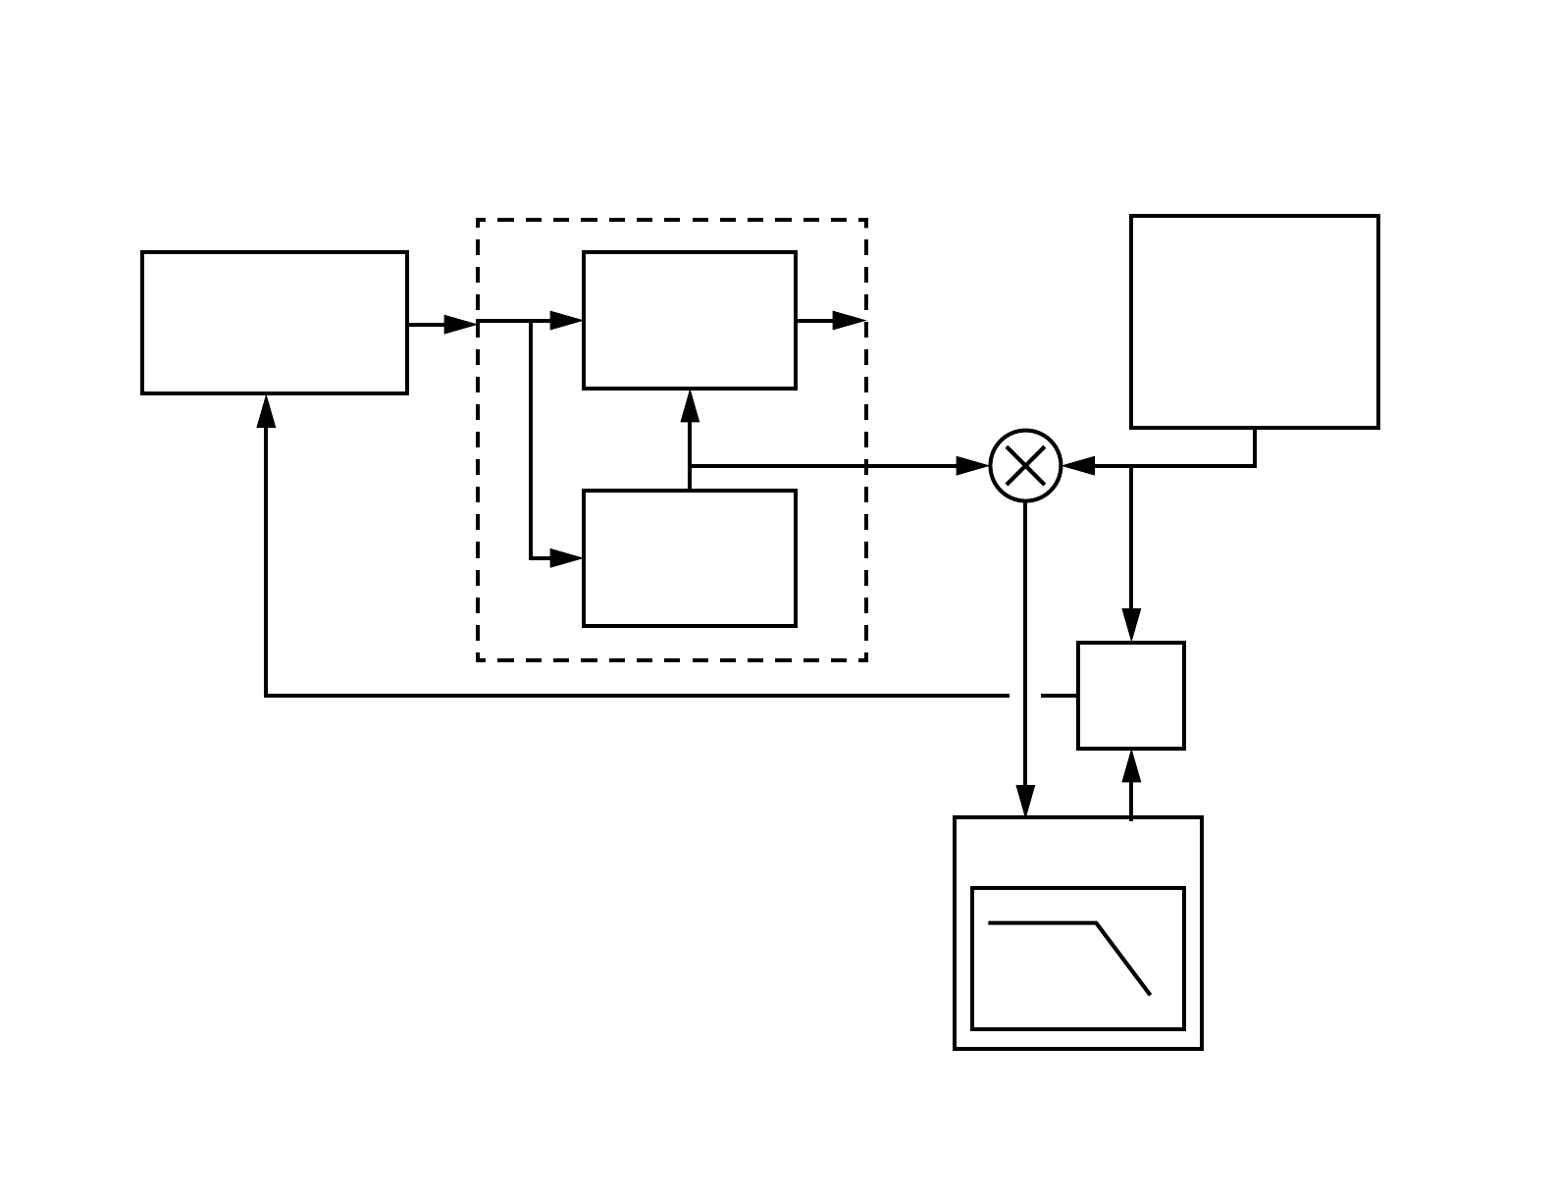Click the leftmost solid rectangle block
(x=275, y=323)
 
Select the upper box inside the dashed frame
(x=690, y=320)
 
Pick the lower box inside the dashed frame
(x=690, y=557)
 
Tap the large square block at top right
(x=1255, y=322)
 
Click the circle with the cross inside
(x=1026, y=466)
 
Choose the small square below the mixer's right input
(x=1131, y=696)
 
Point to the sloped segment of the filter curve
(x=1123, y=959)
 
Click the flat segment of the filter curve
(x=1042, y=923)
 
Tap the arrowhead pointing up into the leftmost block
(x=266, y=411)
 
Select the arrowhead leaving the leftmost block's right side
(x=460, y=324)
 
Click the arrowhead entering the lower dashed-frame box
(x=566, y=558)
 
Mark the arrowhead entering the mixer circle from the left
(x=972, y=466)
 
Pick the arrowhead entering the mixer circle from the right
(x=1079, y=466)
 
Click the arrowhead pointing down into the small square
(x=1131, y=624)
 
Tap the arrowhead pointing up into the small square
(x=1131, y=767)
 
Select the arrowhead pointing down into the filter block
(x=1025, y=800)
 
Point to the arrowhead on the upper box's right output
(x=849, y=320)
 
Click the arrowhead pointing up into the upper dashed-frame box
(x=690, y=406)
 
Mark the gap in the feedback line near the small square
(x=1025, y=696)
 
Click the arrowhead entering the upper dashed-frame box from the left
(x=566, y=320)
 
